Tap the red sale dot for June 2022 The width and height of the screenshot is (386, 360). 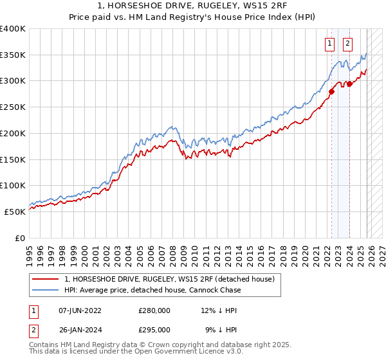point(332,91)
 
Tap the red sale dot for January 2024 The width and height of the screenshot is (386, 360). point(349,84)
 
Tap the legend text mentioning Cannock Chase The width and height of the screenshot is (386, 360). point(152,290)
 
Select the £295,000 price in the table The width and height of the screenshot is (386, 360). point(154,329)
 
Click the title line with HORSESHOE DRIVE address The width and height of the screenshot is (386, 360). point(192,7)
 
